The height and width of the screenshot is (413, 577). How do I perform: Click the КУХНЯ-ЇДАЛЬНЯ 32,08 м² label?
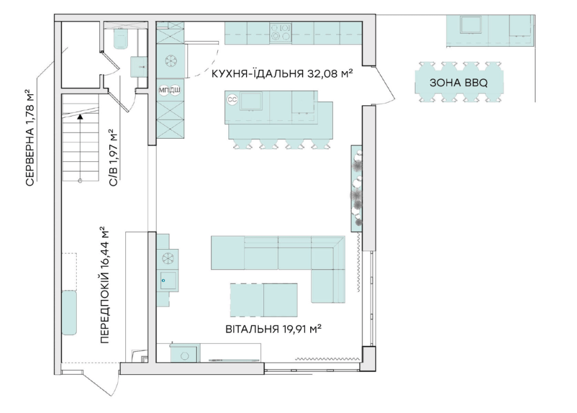pyautogui.click(x=282, y=73)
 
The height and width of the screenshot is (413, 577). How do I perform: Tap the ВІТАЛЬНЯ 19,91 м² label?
pyautogui.click(x=273, y=329)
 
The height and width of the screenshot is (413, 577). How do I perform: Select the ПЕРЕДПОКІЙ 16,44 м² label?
pyautogui.click(x=105, y=285)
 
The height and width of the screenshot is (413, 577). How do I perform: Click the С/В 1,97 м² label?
pyautogui.click(x=114, y=157)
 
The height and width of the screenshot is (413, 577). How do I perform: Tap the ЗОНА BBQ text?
pyautogui.click(x=459, y=83)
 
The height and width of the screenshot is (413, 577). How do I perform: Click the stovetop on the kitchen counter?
pyautogui.click(x=280, y=32)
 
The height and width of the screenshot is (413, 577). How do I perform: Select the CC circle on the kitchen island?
pyautogui.click(x=232, y=100)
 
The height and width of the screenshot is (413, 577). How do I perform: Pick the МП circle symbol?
pyautogui.click(x=163, y=90)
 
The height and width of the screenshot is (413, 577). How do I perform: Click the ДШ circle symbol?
pyautogui.click(x=175, y=90)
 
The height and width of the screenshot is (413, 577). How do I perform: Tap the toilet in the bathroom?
pyautogui.click(x=120, y=38)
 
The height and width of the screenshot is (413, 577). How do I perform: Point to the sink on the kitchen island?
pyautogui.click(x=251, y=101)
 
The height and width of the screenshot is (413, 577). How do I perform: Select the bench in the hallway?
pyautogui.click(x=69, y=313)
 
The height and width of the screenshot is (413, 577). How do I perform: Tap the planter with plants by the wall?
pyautogui.click(x=356, y=188)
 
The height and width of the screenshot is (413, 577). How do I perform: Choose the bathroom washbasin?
pyautogui.click(x=139, y=66)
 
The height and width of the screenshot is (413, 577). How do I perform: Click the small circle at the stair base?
pyautogui.click(x=80, y=181)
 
